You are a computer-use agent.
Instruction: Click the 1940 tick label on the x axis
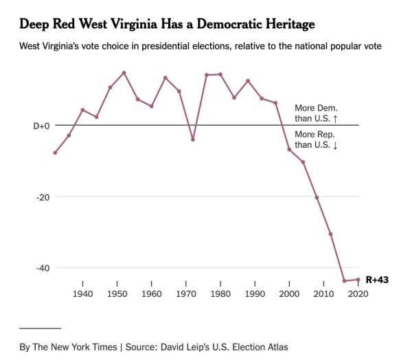pyautogui.click(x=82, y=293)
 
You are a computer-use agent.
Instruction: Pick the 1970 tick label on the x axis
pyautogui.click(x=186, y=293)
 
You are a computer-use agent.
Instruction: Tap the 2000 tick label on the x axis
pyautogui.click(x=289, y=293)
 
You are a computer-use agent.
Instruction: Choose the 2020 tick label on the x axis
pyautogui.click(x=358, y=293)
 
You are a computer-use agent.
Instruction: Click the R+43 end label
pyautogui.click(x=377, y=280)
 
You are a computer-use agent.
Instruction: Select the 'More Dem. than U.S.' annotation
pyautogui.click(x=316, y=113)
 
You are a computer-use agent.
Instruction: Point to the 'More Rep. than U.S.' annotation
pyautogui.click(x=316, y=139)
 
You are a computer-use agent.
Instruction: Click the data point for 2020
pyautogui.click(x=358, y=280)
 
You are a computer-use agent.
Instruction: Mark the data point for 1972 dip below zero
pyautogui.click(x=193, y=139)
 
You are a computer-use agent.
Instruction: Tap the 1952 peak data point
pyautogui.click(x=124, y=72)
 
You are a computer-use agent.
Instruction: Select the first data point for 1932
pyautogui.click(x=55, y=153)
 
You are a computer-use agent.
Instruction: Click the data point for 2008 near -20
pyautogui.click(x=317, y=197)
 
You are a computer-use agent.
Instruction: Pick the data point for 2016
pyautogui.click(x=344, y=281)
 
